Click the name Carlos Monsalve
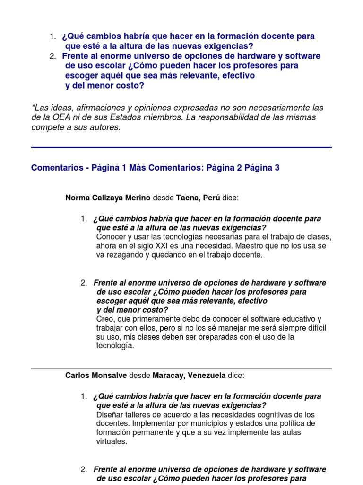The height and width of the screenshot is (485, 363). coord(95,376)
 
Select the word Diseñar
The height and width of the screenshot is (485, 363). coord(110,414)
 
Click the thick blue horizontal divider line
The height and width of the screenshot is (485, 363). coord(181,148)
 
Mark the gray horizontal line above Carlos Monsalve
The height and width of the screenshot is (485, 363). coord(181,368)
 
